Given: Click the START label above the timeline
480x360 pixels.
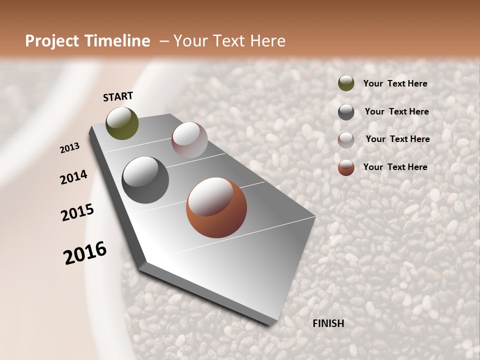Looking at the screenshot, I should click(118, 96).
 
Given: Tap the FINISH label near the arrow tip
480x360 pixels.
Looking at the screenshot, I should click(328, 323).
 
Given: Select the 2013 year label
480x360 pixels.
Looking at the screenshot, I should click(70, 148).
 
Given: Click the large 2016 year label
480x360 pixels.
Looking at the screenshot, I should click(85, 253).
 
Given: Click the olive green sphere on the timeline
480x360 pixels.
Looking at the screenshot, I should click(122, 123).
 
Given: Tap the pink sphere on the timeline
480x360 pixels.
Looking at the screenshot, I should click(189, 139).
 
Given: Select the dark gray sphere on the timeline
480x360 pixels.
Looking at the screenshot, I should click(145, 180).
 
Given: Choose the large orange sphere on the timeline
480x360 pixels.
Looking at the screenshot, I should click(216, 207).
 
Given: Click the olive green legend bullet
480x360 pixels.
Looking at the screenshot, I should click(346, 83).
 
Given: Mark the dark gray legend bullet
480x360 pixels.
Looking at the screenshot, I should click(346, 112).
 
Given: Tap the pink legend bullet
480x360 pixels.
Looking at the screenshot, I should click(346, 139).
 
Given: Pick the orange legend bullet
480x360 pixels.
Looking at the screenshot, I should click(346, 167).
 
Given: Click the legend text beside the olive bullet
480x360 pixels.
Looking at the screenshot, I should click(395, 84).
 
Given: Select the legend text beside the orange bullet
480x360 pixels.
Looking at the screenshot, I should click(395, 167).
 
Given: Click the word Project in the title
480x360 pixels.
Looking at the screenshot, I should click(52, 41).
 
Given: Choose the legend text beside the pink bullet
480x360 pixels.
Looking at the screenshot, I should click(397, 139).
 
